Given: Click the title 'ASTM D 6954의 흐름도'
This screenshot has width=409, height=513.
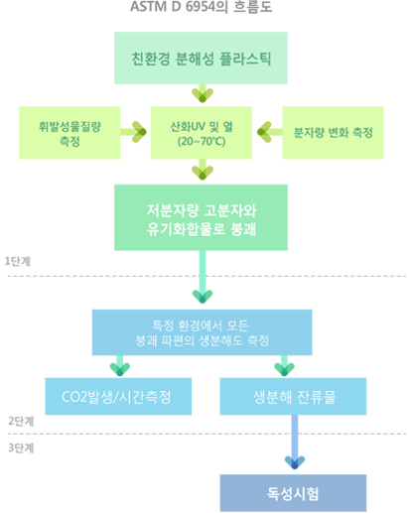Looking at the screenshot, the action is point(202,7).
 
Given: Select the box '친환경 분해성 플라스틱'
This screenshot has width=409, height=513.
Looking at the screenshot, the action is point(201,58).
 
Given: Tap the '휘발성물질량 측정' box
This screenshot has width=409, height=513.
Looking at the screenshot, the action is point(69,133).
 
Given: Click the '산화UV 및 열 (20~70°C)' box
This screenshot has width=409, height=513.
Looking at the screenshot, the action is point(202,133).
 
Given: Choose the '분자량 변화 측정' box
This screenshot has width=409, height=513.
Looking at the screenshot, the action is point(333,133).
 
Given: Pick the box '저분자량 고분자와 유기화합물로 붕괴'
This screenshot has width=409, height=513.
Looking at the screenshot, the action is point(201,217).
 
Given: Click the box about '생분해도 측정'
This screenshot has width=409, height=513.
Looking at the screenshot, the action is point(202,332).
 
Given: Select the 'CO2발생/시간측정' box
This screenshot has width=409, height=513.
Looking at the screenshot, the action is point(118,396).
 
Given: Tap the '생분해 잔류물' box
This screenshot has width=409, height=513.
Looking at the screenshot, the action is point(293,396).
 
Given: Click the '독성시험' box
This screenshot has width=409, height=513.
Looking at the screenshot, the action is point(293,493).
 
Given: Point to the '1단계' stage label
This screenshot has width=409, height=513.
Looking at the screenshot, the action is point(18,261).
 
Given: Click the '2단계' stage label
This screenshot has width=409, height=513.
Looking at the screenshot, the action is point(21,421).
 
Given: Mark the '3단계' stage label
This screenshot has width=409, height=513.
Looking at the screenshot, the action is point(21,448).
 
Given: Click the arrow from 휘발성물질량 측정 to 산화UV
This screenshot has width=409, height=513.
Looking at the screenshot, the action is point(133,132).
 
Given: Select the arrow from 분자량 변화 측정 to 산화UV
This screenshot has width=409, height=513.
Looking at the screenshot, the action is point(270,132).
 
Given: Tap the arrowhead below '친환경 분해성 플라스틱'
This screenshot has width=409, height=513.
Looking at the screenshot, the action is point(203,95).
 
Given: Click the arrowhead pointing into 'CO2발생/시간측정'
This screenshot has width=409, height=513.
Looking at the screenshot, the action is point(120,369).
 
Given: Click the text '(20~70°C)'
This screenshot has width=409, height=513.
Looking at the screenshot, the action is point(202,142).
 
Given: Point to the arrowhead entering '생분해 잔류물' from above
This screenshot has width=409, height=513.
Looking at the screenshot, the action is point(284,369).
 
